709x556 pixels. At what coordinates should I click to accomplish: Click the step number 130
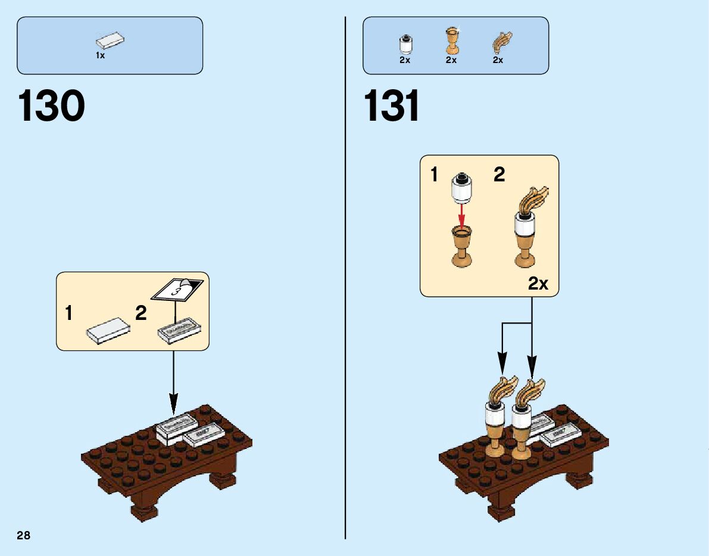52,107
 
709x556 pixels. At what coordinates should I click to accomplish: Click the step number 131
392,107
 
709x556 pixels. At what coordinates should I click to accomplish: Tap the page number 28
24,536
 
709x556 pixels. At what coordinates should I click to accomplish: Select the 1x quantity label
100,55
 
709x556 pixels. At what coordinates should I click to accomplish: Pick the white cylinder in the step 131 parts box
405,45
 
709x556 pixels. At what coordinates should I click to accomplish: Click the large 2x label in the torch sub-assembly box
538,284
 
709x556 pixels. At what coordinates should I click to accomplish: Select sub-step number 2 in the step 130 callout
140,313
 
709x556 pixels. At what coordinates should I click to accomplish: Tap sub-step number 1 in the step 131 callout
434,175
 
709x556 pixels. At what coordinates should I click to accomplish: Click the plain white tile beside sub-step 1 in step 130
108,330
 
